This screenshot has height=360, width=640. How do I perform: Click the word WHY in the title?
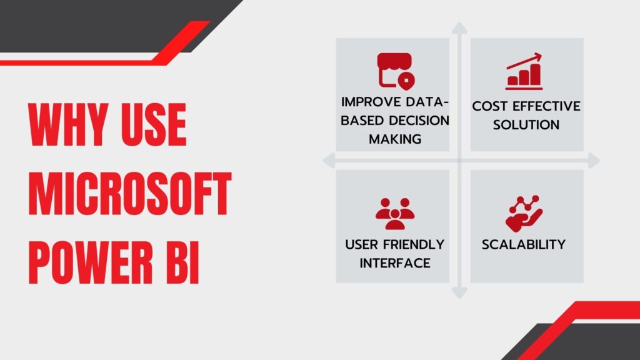[x=69, y=124]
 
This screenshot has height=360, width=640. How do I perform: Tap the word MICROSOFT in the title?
[x=130, y=193]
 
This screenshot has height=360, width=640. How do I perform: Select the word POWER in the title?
[x=91, y=262]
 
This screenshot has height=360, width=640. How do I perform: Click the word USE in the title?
[x=154, y=124]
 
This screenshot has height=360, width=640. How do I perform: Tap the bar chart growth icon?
[x=524, y=71]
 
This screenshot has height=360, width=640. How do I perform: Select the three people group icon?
[x=395, y=214]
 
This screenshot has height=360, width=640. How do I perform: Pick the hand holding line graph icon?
[x=524, y=214]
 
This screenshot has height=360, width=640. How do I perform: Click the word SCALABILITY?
[x=524, y=244]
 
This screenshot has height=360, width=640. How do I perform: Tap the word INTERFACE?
[x=395, y=263]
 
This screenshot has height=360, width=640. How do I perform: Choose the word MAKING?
[x=395, y=139]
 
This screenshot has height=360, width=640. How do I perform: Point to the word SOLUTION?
[x=526, y=125]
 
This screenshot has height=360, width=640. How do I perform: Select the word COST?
[x=490, y=106]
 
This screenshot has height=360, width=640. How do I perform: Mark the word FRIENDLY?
[x=414, y=244]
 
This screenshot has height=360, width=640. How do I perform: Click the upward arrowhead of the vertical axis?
[x=459, y=28]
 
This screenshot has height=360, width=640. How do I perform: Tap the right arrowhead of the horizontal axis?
[x=594, y=161]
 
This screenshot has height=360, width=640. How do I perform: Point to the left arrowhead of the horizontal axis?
[x=329, y=161]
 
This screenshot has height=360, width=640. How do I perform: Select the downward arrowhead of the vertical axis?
[x=459, y=293]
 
